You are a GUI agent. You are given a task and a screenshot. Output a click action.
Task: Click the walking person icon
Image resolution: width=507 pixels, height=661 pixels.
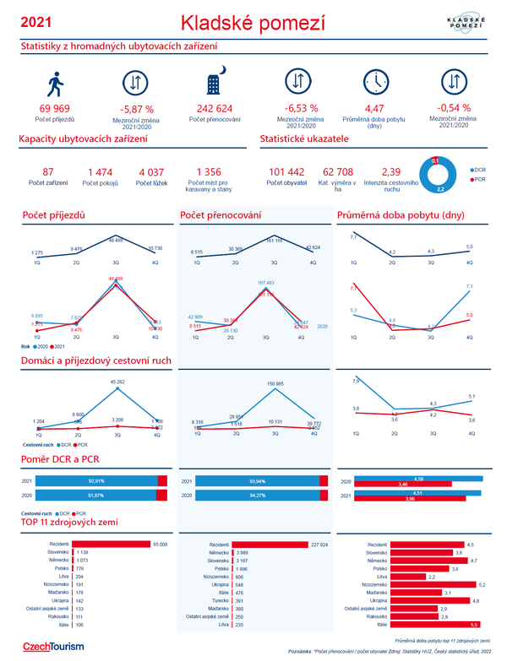[x=55, y=83]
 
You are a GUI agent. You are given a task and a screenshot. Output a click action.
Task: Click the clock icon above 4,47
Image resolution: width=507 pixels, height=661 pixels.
[x=373, y=82]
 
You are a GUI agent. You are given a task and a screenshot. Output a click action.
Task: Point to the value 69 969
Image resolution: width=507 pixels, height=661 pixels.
[x=55, y=109]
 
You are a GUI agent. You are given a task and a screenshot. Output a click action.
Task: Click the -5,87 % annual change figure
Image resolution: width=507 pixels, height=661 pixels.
[x=137, y=109]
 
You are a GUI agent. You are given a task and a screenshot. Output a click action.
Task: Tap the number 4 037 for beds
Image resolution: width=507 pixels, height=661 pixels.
[x=152, y=172]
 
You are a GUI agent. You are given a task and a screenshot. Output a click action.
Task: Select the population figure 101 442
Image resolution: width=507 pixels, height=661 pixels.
[x=286, y=172]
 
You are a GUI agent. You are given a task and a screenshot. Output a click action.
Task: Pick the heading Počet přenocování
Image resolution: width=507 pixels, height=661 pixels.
[x=221, y=217]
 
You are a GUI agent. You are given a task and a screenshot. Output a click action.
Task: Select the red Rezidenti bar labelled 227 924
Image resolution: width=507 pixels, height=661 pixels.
[x=269, y=545]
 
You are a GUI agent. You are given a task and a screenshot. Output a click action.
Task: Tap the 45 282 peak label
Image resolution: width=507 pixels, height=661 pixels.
[x=117, y=382]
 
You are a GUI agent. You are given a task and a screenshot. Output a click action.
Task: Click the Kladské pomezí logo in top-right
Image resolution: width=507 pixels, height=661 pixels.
[x=463, y=24]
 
